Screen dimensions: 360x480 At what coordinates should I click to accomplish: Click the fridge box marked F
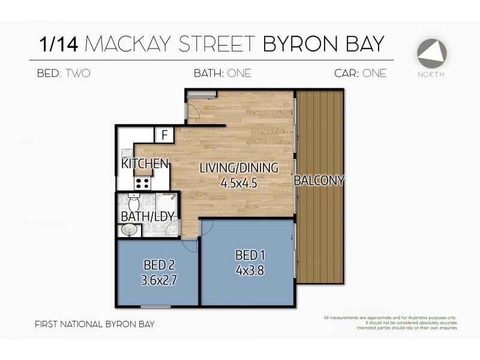pyautogui.click(x=164, y=135)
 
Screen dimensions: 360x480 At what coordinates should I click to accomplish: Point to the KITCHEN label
pyautogui.click(x=144, y=163)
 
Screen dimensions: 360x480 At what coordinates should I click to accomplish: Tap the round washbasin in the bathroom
pyautogui.click(x=128, y=230)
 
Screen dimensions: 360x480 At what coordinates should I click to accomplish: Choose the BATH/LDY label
pyautogui.click(x=143, y=216)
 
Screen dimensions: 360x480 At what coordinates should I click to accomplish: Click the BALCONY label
pyautogui.click(x=319, y=180)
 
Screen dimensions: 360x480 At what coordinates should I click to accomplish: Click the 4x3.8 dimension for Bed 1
pyautogui.click(x=250, y=270)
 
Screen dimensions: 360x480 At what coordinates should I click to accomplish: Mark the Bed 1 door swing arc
pyautogui.click(x=206, y=226)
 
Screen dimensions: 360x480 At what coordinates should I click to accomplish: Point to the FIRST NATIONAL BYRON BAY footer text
pyautogui.click(x=95, y=324)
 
